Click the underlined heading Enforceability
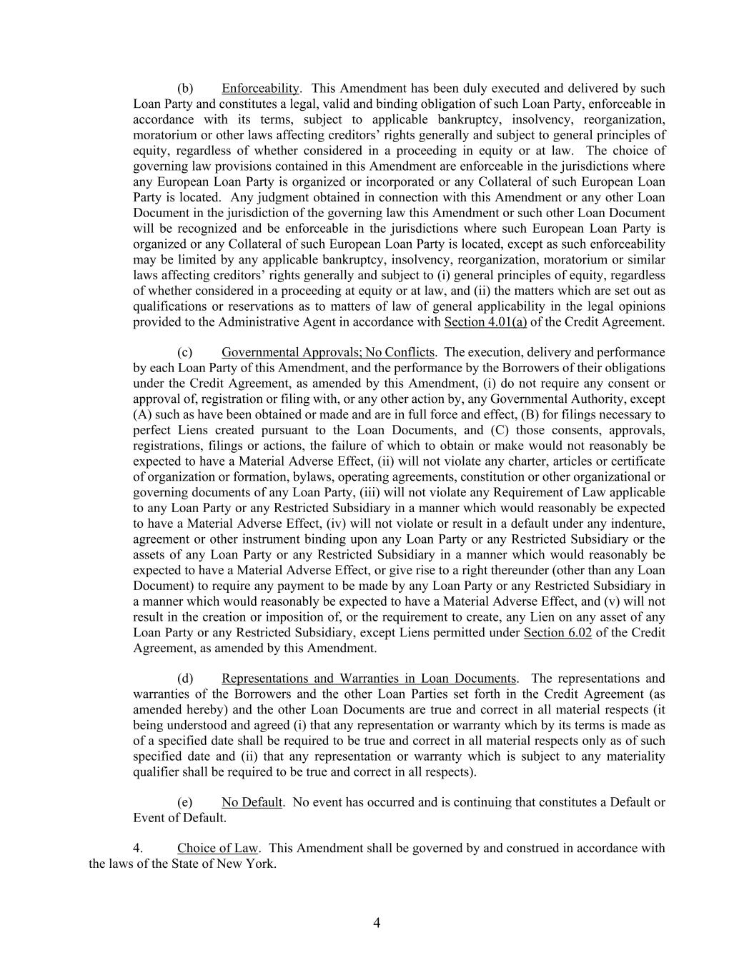click(260, 89)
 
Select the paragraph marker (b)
click(185, 89)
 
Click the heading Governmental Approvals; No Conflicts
click(327, 352)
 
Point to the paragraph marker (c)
click(185, 352)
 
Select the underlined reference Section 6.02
click(557, 633)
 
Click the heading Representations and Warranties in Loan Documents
click(369, 679)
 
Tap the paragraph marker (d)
click(185, 679)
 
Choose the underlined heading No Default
click(252, 802)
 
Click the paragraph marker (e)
click(185, 802)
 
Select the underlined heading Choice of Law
click(217, 849)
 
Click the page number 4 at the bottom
click(377, 923)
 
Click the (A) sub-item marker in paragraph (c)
click(142, 415)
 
